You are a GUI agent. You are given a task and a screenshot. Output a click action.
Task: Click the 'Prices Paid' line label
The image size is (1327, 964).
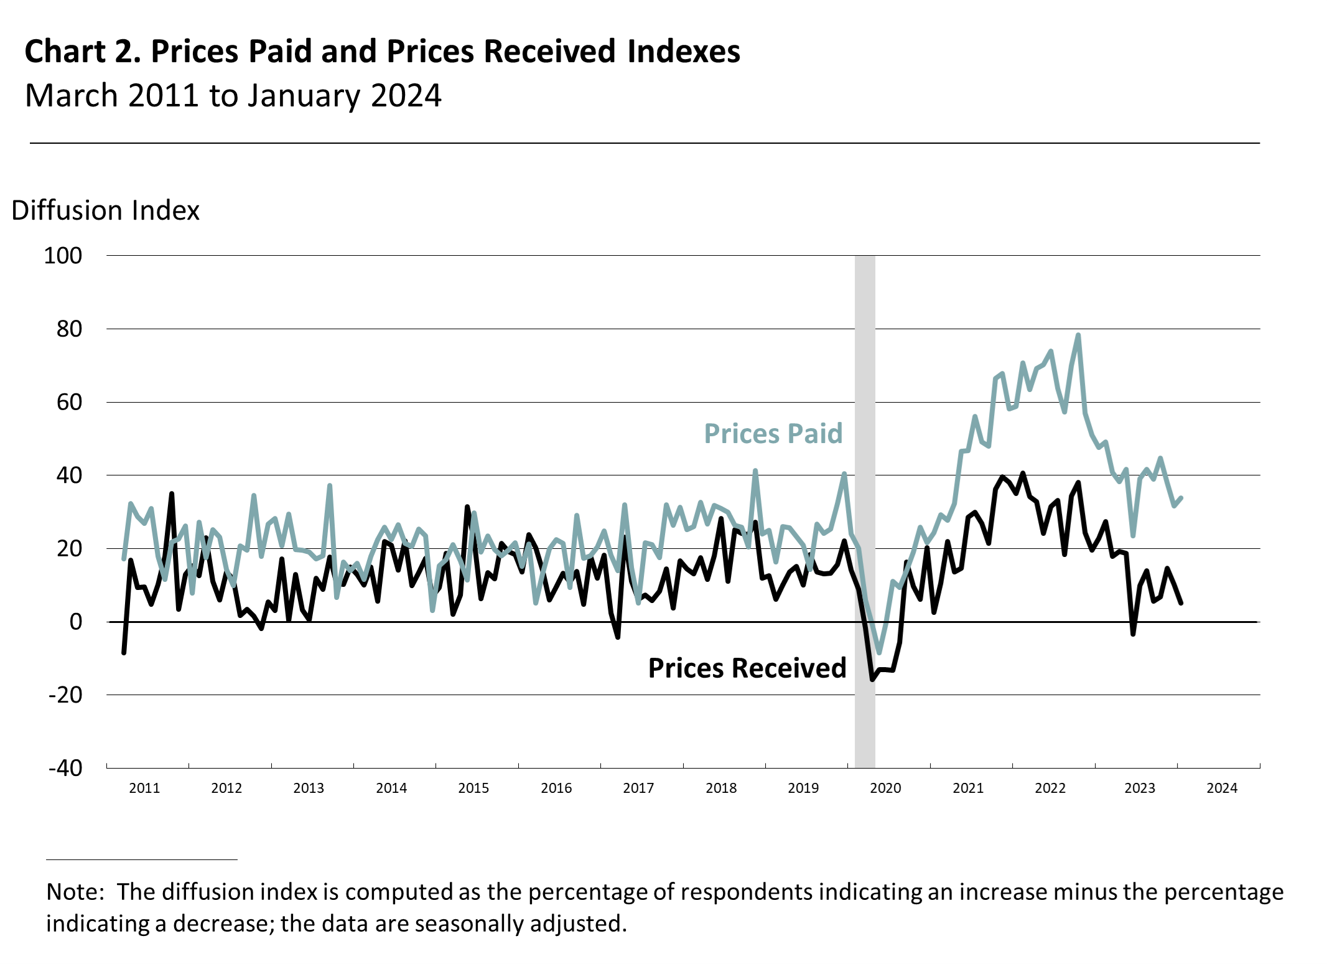(773, 434)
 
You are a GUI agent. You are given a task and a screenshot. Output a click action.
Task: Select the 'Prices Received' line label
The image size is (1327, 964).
(747, 668)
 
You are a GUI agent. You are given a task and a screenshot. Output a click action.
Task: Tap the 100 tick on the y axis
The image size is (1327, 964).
(63, 256)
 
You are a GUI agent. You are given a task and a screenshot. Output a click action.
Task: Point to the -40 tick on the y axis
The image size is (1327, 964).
(65, 768)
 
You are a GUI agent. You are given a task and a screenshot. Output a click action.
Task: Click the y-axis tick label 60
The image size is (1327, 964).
(69, 403)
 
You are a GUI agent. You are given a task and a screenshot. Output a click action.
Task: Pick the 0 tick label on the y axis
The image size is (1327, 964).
(75, 622)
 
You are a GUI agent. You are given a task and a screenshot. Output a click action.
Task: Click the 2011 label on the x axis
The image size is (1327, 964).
(144, 788)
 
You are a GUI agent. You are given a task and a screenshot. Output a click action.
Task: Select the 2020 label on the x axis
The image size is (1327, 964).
(885, 788)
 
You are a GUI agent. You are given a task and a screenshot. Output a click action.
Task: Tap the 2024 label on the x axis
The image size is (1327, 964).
(1222, 788)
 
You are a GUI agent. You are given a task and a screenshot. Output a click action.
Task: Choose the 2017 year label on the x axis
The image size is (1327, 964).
(638, 788)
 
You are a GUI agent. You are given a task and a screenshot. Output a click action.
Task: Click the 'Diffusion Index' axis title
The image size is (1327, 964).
(105, 211)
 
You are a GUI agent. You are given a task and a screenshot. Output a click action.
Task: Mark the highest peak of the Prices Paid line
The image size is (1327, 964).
(1078, 335)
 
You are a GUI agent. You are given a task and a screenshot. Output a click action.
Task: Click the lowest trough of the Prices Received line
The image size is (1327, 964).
(872, 680)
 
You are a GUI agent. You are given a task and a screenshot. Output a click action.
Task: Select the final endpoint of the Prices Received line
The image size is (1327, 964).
(1181, 603)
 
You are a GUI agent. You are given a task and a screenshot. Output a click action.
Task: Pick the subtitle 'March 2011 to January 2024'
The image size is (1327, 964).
(233, 96)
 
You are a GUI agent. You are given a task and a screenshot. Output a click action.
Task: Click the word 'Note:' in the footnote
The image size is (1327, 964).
(75, 892)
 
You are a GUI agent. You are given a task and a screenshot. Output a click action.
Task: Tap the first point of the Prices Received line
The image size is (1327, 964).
(124, 653)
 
